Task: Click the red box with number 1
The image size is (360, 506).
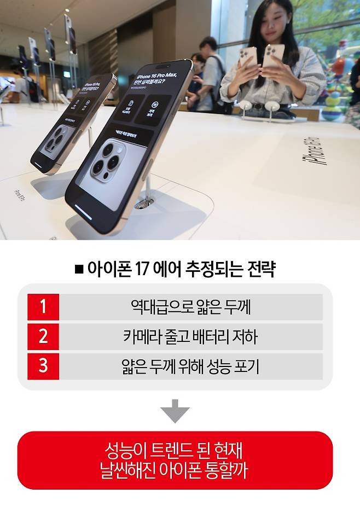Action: point(43,307)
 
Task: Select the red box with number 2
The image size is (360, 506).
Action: point(43,336)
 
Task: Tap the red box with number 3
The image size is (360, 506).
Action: point(43,366)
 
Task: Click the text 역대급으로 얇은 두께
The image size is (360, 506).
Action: point(190,307)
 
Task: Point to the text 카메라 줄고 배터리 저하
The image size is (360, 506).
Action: point(190,336)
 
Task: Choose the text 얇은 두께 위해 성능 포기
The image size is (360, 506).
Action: point(190,366)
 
